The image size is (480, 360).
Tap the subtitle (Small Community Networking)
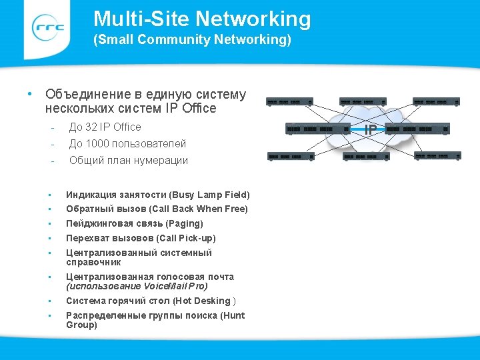click(x=192, y=40)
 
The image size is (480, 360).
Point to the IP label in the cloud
click(x=370, y=129)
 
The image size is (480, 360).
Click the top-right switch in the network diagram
click(x=437, y=102)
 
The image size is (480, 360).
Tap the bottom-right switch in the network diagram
click(x=437, y=156)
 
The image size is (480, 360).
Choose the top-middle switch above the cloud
click(x=363, y=102)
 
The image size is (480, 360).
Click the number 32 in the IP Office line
click(x=91, y=127)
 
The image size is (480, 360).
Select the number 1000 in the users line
click(x=97, y=143)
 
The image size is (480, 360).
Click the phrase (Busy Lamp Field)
click(x=210, y=195)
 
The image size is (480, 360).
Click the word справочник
click(x=93, y=262)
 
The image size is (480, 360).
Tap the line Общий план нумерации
click(x=129, y=160)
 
